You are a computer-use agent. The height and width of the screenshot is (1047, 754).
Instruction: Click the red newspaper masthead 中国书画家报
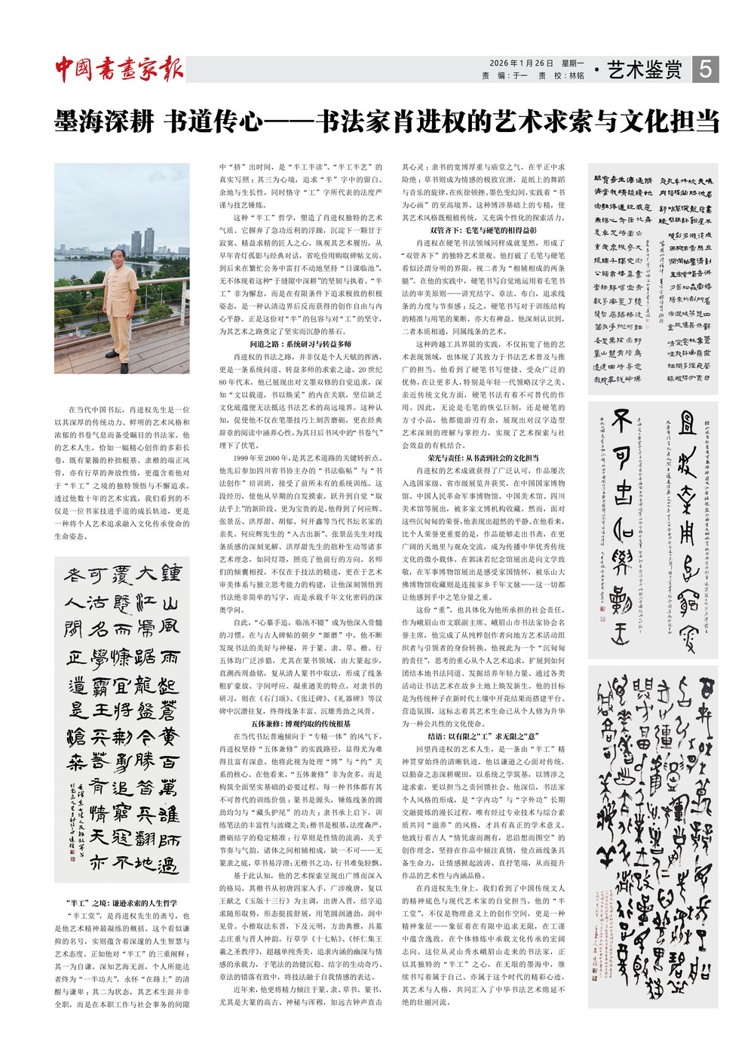[119, 69]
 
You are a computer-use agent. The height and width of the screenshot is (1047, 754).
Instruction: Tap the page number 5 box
[705, 69]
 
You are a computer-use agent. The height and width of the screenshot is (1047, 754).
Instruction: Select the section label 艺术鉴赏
[644, 70]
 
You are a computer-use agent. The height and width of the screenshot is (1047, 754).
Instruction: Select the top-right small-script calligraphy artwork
[653, 279]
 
